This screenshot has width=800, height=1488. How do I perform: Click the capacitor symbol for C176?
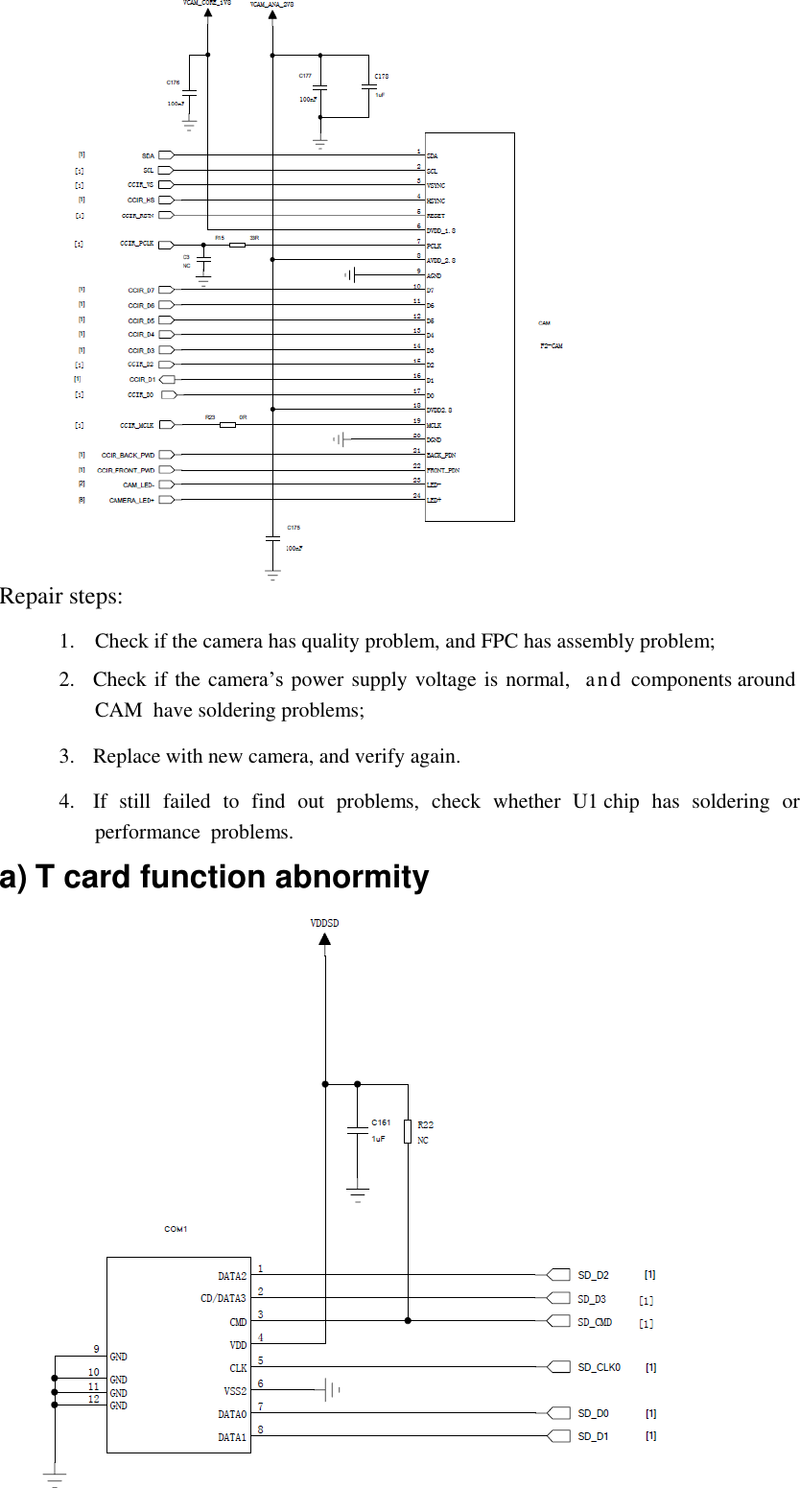click(190, 93)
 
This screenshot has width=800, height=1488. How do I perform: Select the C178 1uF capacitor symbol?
click(368, 87)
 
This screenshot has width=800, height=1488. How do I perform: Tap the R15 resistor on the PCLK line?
click(237, 246)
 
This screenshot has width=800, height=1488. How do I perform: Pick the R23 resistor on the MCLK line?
click(227, 424)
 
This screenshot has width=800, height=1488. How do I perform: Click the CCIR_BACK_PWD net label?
click(128, 455)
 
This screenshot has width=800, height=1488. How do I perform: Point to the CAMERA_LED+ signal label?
click(131, 500)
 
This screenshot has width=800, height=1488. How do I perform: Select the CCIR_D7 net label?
click(141, 290)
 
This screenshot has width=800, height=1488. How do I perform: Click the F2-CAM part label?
click(551, 345)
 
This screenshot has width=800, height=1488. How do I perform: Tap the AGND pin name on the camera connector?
click(434, 275)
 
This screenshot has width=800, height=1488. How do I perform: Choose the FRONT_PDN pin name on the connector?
click(442, 470)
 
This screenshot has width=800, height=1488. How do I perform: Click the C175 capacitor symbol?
click(272, 539)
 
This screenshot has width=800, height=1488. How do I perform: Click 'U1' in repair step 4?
click(585, 801)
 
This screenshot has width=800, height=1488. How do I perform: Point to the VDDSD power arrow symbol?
click(325, 938)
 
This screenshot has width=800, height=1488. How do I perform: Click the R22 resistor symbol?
click(409, 1131)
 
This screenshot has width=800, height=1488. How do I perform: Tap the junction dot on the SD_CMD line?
click(409, 1320)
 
